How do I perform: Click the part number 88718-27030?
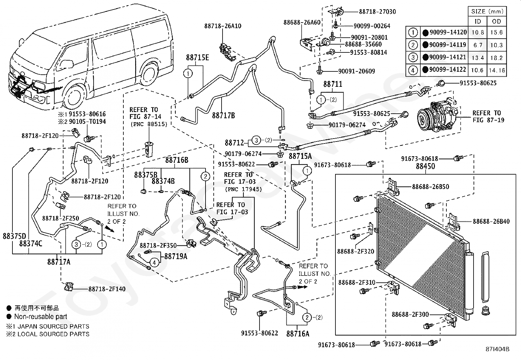click(x=377, y=11)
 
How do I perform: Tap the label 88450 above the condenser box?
click(x=425, y=166)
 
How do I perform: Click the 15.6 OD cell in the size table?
click(x=496, y=32)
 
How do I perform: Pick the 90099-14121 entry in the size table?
click(x=448, y=57)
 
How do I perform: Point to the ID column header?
click(x=478, y=21)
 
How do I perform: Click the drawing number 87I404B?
click(x=497, y=349)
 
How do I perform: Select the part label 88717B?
click(x=224, y=115)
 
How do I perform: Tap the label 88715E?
click(x=197, y=58)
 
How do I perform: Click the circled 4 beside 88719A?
click(x=154, y=262)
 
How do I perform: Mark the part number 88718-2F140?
click(x=107, y=289)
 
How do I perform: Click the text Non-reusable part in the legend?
click(x=41, y=316)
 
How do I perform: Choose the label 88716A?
click(x=298, y=334)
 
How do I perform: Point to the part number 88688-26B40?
click(x=491, y=221)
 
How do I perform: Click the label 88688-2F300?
click(x=410, y=314)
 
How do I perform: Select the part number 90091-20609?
click(x=357, y=71)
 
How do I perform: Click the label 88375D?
click(x=14, y=236)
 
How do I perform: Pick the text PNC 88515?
click(x=149, y=124)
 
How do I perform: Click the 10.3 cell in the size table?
click(x=496, y=45)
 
